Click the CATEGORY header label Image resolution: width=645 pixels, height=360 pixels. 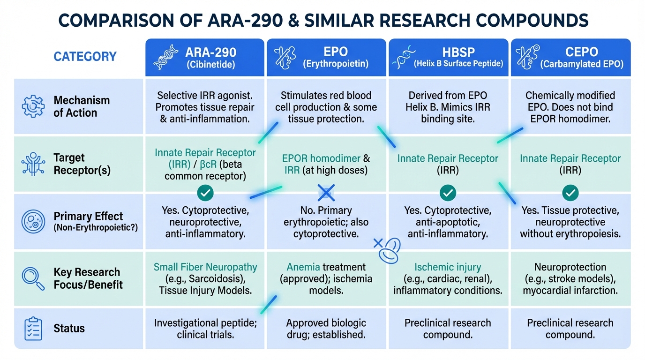pyautogui.click(x=85, y=57)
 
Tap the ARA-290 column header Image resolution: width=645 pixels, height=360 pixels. pyautogui.click(x=205, y=57)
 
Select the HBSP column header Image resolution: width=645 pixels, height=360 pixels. pyautogui.click(x=448, y=57)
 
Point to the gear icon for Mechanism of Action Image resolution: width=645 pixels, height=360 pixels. pyautogui.click(x=33, y=106)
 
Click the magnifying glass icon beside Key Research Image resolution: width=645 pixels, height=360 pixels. pyautogui.click(x=33, y=278)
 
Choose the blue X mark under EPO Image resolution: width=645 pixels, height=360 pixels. pyautogui.click(x=326, y=192)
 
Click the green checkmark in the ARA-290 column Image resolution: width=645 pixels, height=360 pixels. pyautogui.click(x=205, y=192)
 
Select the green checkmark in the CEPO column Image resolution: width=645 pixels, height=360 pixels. pyautogui.click(x=570, y=192)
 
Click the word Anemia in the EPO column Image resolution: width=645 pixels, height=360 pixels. pyautogui.click(x=303, y=267)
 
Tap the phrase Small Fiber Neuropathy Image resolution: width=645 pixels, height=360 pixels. pyautogui.click(x=205, y=267)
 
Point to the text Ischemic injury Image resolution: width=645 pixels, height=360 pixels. pyautogui.click(x=448, y=267)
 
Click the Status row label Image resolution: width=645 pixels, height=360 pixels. pyautogui.click(x=69, y=328)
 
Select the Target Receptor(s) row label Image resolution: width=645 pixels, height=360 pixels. pyautogui.click(x=82, y=164)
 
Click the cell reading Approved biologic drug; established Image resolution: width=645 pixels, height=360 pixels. pyautogui.click(x=326, y=329)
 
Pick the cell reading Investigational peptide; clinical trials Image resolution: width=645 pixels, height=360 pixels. pyautogui.click(x=205, y=329)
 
